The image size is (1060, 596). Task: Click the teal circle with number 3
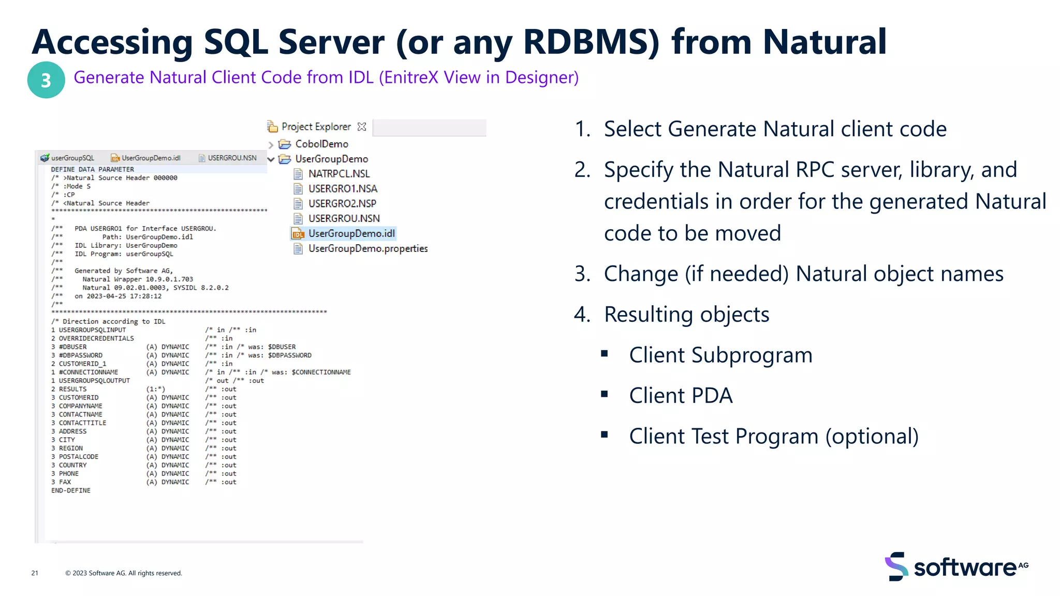tap(46, 80)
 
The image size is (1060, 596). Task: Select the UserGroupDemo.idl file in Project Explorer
tap(351, 233)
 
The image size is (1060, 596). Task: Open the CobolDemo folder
tap(321, 144)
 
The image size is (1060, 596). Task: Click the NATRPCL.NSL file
tap(338, 174)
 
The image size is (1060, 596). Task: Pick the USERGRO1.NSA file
tap(342, 189)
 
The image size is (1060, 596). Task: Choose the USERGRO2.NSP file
tap(342, 204)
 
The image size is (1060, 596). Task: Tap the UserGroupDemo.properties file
tap(367, 248)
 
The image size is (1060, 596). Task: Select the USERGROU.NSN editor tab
tap(231, 158)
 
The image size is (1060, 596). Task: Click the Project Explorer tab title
tap(316, 127)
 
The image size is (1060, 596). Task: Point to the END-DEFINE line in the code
tap(71, 490)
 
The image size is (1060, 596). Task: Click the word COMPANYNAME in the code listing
tap(80, 406)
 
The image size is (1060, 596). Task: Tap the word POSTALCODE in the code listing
tap(78, 457)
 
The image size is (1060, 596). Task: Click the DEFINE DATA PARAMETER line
tap(92, 169)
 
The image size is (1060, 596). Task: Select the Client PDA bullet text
tap(680, 396)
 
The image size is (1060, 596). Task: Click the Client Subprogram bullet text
tap(720, 355)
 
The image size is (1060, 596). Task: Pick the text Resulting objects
tap(686, 315)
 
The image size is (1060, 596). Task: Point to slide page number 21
tap(35, 573)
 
